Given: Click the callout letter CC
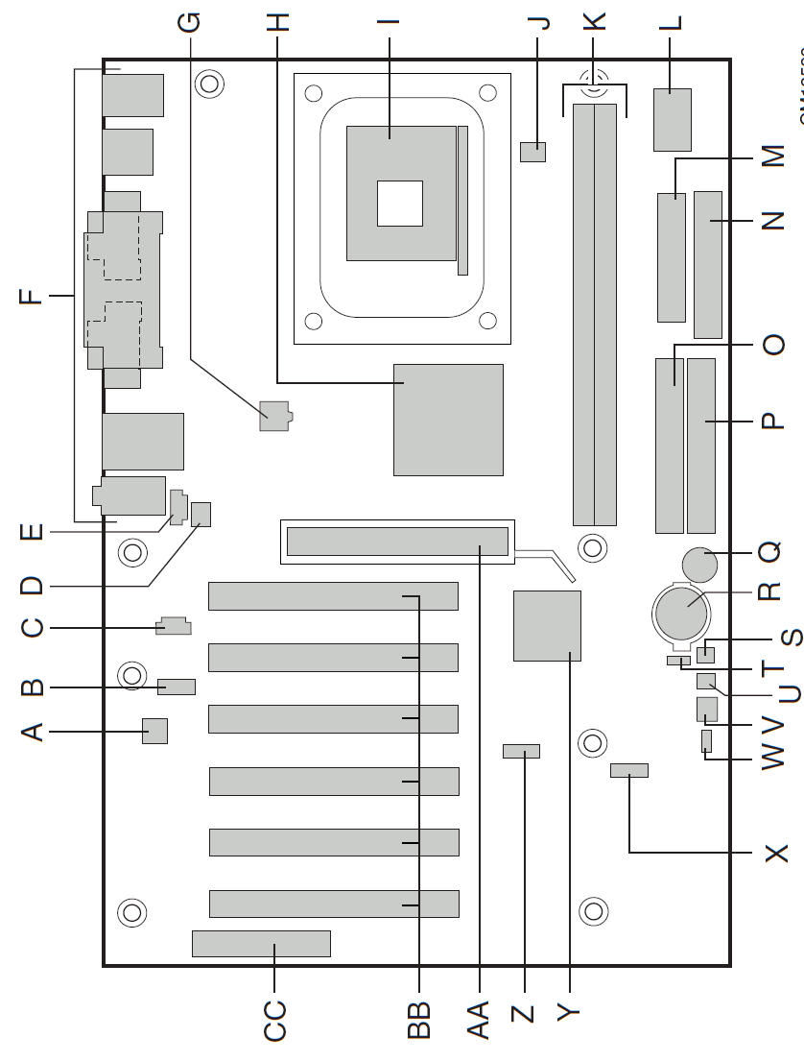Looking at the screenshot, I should click(x=275, y=1021).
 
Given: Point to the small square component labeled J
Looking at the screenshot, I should click(x=532, y=151).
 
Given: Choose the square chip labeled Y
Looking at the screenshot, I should click(x=547, y=626).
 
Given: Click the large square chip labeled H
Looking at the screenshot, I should click(x=448, y=420).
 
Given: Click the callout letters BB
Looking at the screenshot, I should click(x=418, y=1021).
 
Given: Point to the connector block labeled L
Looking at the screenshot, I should click(x=673, y=119).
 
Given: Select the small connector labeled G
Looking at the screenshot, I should click(x=274, y=417).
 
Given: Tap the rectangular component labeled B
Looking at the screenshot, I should click(x=177, y=687).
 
